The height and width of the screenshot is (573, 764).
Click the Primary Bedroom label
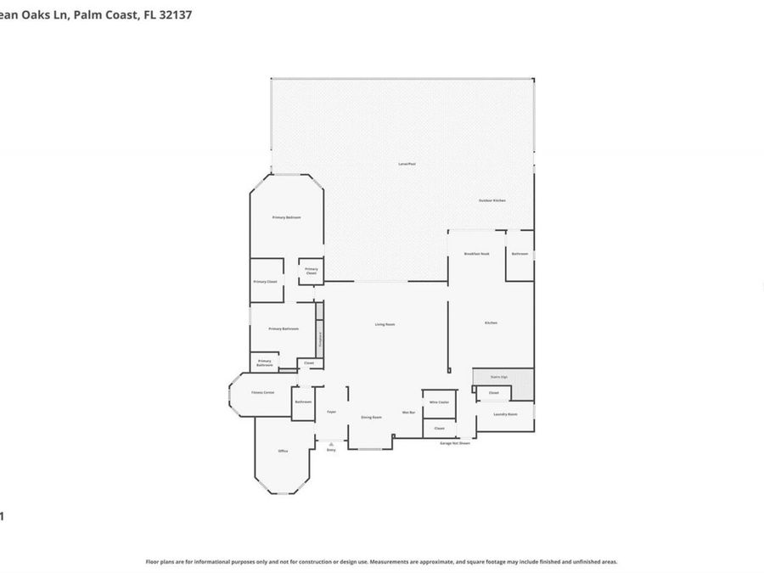[286, 217]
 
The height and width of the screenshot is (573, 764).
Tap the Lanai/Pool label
[407, 163]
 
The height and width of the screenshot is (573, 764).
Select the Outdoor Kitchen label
[492, 200]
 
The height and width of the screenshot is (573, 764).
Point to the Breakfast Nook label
[476, 254]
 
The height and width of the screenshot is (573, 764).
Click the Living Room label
[385, 324]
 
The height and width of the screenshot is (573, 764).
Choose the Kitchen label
[491, 323]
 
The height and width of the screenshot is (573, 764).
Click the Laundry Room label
[505, 414]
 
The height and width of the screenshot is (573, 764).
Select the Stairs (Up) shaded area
[503, 376]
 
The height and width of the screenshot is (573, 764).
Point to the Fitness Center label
[262, 393]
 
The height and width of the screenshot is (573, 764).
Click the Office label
[283, 451]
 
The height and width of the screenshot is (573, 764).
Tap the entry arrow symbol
[331, 444]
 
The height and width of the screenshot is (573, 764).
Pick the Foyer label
[331, 412]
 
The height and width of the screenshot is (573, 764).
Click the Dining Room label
[371, 417]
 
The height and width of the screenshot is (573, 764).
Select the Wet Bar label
[408, 413]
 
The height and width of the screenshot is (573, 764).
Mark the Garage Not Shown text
[454, 443]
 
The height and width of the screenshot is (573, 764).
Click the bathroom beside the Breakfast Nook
[520, 254]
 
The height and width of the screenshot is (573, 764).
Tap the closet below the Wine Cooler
[439, 429]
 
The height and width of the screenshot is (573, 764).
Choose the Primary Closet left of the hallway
[266, 282]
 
